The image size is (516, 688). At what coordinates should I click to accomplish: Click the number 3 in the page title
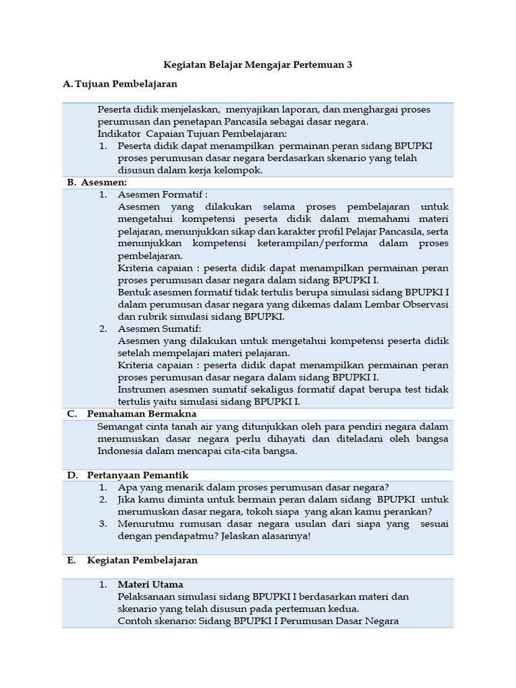click(349, 65)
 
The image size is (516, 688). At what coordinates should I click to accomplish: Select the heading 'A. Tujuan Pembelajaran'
click(120, 84)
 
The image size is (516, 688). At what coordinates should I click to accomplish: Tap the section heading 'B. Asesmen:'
click(97, 182)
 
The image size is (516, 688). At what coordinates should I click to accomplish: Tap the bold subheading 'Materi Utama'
click(150, 585)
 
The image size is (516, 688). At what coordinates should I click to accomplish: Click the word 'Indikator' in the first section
click(118, 134)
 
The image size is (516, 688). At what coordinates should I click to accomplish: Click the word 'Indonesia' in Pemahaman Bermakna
click(120, 451)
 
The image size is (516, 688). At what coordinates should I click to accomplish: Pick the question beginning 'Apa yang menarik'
click(253, 487)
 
